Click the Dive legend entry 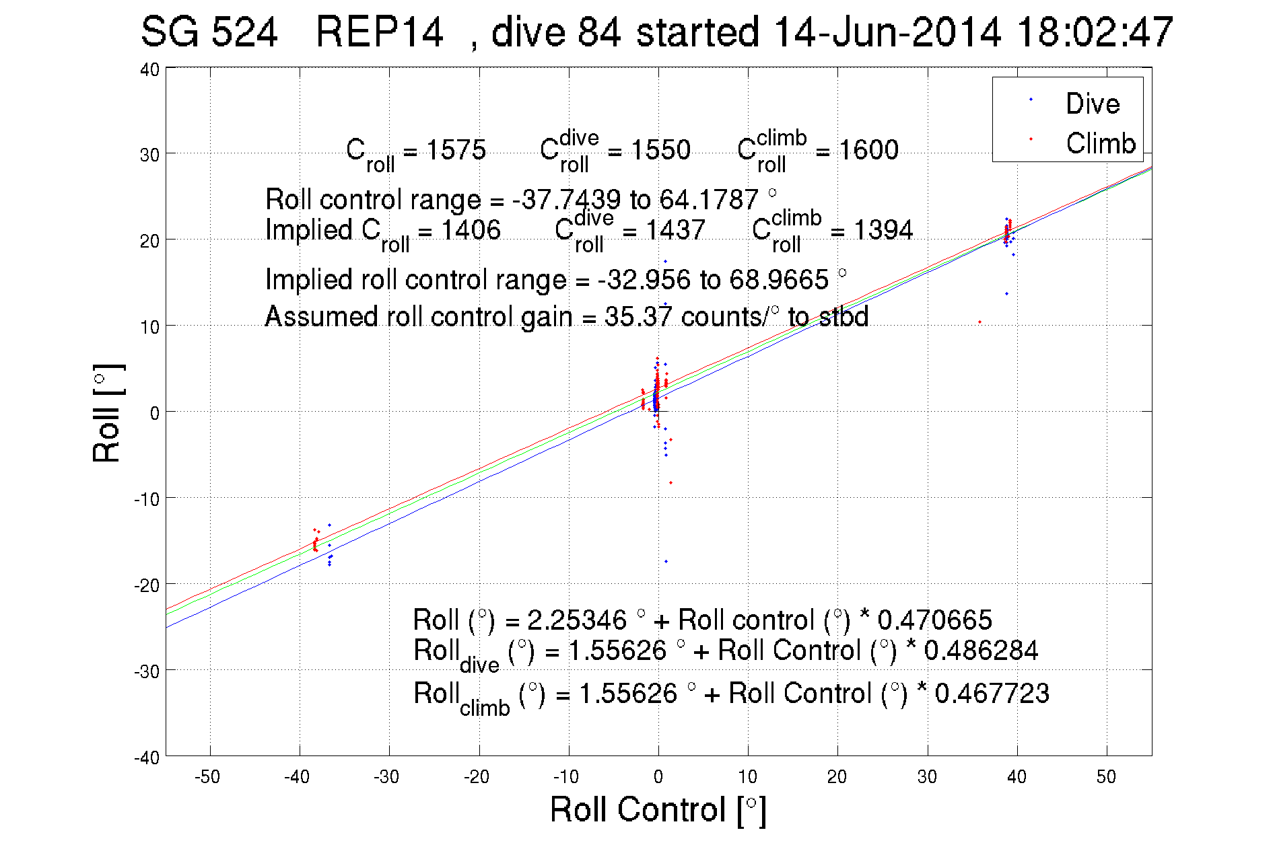coord(1092,104)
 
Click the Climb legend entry coord(1100,143)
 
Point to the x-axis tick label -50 coord(207,777)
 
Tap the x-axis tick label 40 coord(1017,777)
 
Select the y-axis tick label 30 coord(149,155)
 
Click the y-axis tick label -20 coord(147,585)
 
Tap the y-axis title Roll coord(107,414)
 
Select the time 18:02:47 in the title coord(1095,32)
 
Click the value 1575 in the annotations coord(456,149)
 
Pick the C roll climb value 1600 coord(868,149)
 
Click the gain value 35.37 coord(638,316)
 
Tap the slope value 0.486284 coord(981,651)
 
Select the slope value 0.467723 coord(992,694)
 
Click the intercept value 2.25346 coord(577,620)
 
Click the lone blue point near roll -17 coord(666,561)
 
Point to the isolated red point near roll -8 coord(670,482)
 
